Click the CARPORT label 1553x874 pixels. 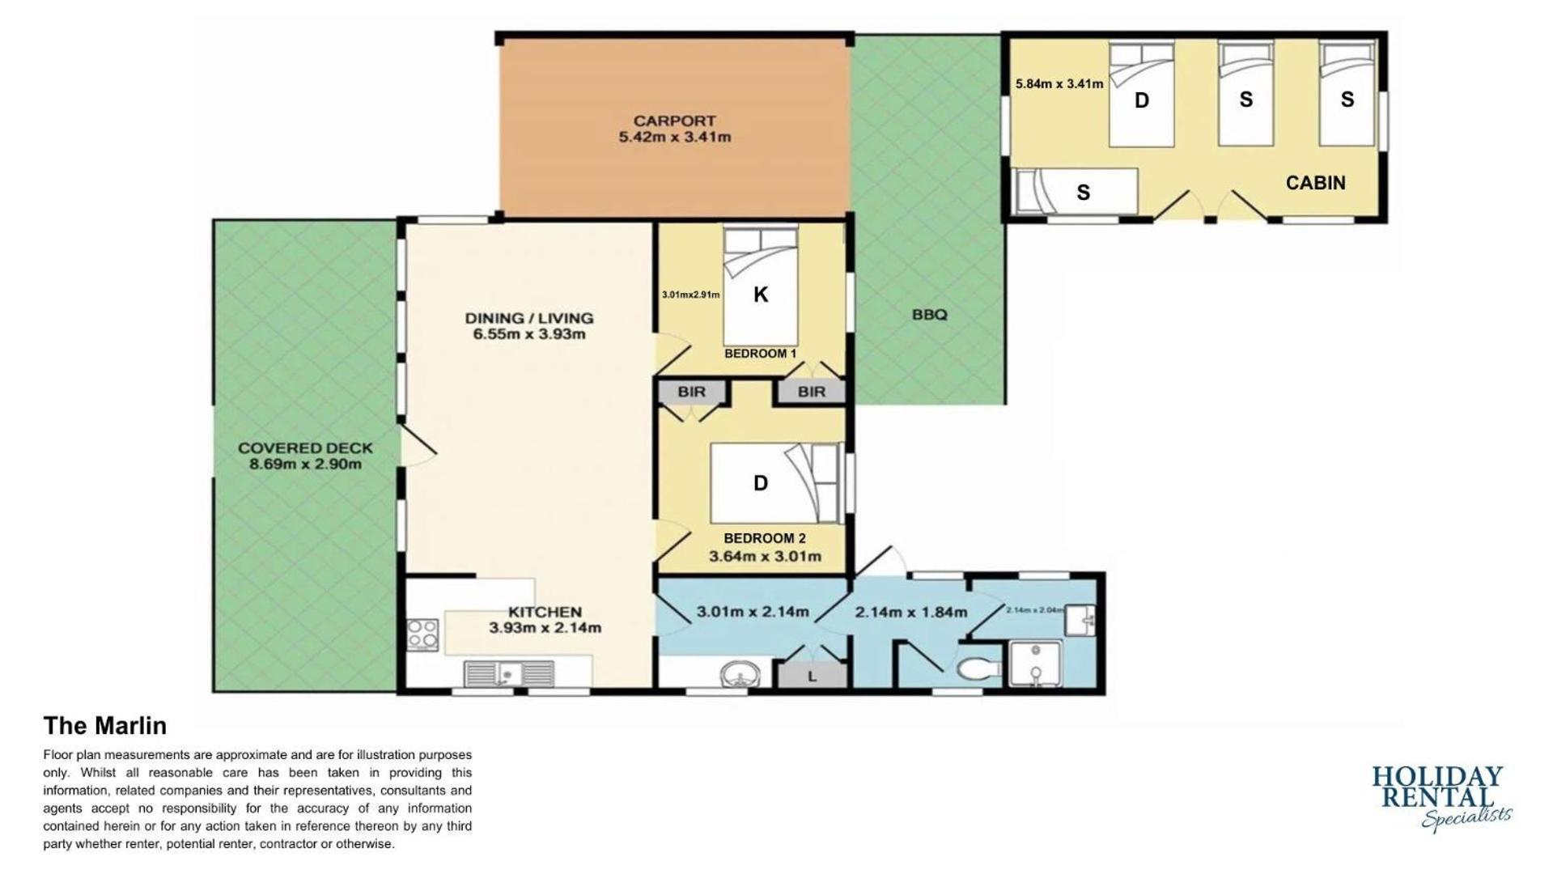[x=674, y=121]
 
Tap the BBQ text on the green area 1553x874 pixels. [x=929, y=315]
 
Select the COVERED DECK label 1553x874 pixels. [x=305, y=448]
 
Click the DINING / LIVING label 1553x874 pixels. [x=528, y=318]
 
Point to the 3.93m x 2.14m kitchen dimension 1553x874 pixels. [x=545, y=627]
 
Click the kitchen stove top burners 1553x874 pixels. [x=422, y=634]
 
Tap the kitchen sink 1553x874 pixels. [x=509, y=674]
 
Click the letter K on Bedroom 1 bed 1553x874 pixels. [x=761, y=295]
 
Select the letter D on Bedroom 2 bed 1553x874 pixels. [x=761, y=483]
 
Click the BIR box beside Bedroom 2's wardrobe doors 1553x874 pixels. [x=692, y=392]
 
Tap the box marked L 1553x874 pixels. [x=813, y=675]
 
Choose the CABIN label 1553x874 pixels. [x=1315, y=183]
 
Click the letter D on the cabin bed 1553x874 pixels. [x=1141, y=100]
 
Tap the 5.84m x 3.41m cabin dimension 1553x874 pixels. [x=1059, y=83]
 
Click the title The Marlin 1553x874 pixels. [x=104, y=725]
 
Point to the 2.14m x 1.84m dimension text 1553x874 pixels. [x=910, y=613]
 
